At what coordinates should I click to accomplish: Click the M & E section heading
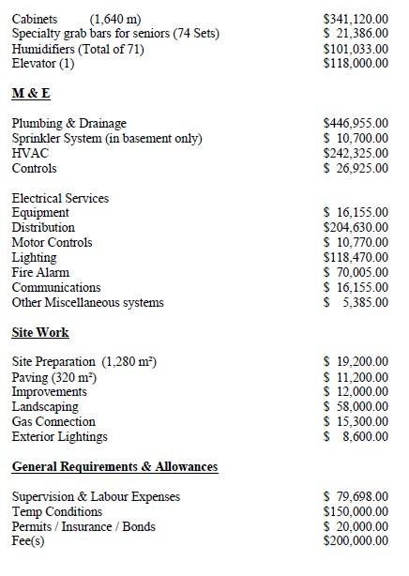pyautogui.click(x=31, y=94)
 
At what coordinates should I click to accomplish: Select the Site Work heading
pyautogui.click(x=40, y=332)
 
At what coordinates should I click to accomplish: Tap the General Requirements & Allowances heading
pyautogui.click(x=114, y=466)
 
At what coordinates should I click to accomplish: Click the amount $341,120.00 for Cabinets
pyautogui.click(x=356, y=19)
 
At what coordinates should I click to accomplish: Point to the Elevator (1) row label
pyautogui.click(x=43, y=64)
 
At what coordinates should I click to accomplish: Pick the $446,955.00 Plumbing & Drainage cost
pyautogui.click(x=356, y=123)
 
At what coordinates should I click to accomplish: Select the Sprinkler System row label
pyautogui.click(x=106, y=138)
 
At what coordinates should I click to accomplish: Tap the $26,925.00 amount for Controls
pyautogui.click(x=356, y=168)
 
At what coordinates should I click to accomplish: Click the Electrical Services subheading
pyautogui.click(x=60, y=198)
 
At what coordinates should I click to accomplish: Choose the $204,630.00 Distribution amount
pyautogui.click(x=356, y=227)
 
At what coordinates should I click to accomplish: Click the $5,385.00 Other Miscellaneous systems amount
pyautogui.click(x=356, y=302)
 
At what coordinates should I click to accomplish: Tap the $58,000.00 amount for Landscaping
pyautogui.click(x=356, y=406)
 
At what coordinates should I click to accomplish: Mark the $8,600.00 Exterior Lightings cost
pyautogui.click(x=356, y=436)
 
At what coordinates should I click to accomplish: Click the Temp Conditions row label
pyautogui.click(x=56, y=511)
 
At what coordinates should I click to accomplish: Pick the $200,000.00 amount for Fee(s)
pyautogui.click(x=356, y=541)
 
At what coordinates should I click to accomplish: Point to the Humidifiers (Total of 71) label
pyautogui.click(x=78, y=49)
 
